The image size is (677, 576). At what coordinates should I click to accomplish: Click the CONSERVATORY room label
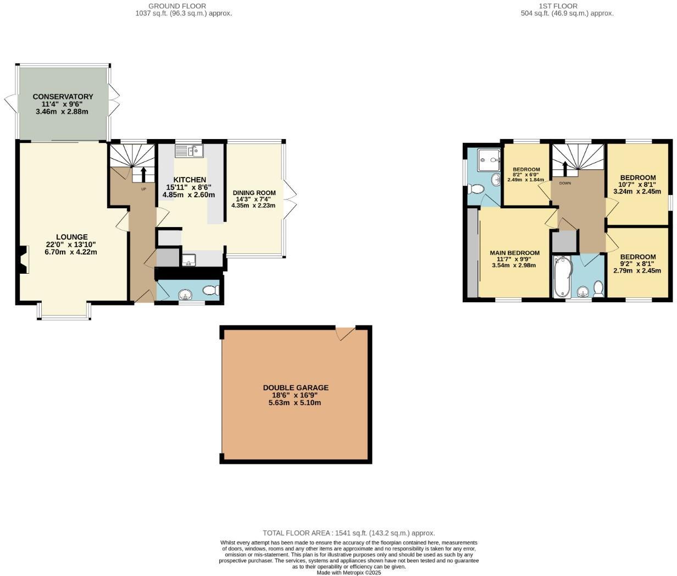click(x=63, y=97)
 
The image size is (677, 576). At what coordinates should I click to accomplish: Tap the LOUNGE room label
click(x=71, y=237)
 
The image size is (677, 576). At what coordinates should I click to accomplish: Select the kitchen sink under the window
click(x=189, y=151)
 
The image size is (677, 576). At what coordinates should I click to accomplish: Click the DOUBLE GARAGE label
click(x=295, y=387)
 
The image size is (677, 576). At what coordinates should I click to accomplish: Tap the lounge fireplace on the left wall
click(x=23, y=259)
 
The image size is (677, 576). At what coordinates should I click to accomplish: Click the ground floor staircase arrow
click(x=143, y=174)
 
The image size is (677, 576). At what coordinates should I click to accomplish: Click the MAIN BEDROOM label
click(x=514, y=253)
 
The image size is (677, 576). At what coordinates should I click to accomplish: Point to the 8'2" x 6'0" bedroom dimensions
click(x=526, y=175)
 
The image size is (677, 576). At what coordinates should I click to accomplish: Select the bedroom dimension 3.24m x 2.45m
click(x=637, y=192)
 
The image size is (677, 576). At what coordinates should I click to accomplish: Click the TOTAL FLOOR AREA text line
click(x=348, y=533)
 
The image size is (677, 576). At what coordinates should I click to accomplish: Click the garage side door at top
click(x=346, y=333)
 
